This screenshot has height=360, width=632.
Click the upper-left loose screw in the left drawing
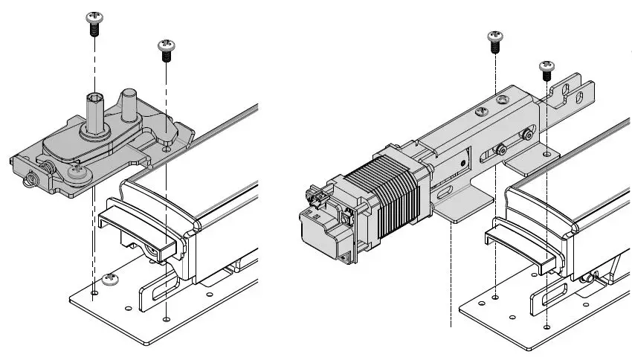pyautogui.click(x=94, y=22)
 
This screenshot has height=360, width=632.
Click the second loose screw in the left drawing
pyautogui.click(x=166, y=51)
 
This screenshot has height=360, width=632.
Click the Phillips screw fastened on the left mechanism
pyautogui.click(x=78, y=173)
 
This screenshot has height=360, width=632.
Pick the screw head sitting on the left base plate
pyautogui.click(x=112, y=280)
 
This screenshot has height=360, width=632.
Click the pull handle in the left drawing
pyautogui.click(x=138, y=231)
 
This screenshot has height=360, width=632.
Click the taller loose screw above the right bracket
pyautogui.click(x=494, y=41)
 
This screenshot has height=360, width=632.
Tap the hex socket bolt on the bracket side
pyautogui.click(x=527, y=135)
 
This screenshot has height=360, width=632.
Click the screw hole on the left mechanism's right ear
pyautogui.click(x=167, y=149)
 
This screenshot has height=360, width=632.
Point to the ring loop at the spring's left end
pyautogui.click(x=33, y=179)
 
